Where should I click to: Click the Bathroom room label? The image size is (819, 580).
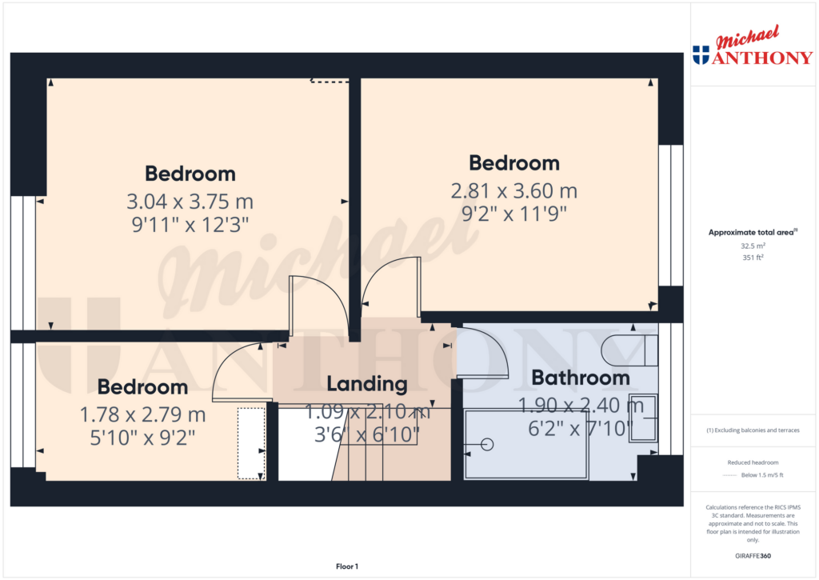coord(581,377)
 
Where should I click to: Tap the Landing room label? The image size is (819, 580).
coord(367,383)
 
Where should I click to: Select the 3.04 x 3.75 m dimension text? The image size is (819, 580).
coord(190,202)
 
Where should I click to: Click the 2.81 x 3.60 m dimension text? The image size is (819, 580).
coord(513,191)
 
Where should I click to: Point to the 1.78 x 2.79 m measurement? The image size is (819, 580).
coord(143,414)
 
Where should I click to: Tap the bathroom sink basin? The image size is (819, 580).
coord(643,418)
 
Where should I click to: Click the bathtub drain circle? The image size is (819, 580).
coord(488,444)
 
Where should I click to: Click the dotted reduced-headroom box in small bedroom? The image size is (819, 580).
coord(251,444)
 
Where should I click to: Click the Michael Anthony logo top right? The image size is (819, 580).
coord(752,50)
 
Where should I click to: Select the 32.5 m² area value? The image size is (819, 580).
coord(752,246)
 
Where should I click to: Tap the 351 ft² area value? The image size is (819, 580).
coord(752,258)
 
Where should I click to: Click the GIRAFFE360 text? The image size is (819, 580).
coord(752,556)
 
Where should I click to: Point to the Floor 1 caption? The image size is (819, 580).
coord(346,566)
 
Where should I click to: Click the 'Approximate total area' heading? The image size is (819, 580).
coord(750,232)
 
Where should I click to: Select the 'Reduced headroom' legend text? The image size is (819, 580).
coord(752,462)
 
